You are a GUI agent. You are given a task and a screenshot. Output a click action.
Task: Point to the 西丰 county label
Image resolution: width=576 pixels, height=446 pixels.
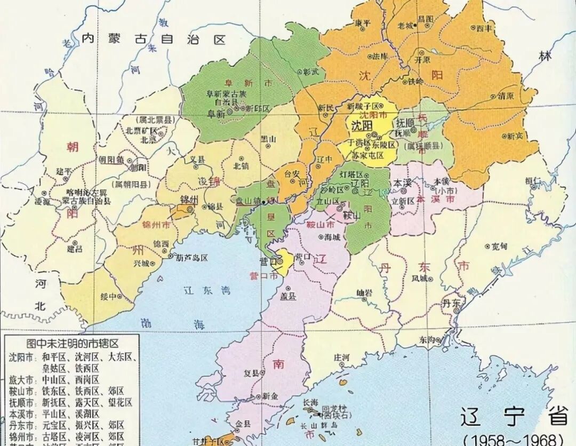pyautogui.click(x=483, y=27)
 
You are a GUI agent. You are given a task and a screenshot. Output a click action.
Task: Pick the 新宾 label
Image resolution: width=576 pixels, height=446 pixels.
pyautogui.click(x=514, y=136)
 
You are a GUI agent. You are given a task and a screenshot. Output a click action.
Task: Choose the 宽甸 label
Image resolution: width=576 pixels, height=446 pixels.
pyautogui.click(x=499, y=246)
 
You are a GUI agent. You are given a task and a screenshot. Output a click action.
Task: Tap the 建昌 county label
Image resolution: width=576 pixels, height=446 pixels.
pyautogui.click(x=75, y=249)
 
